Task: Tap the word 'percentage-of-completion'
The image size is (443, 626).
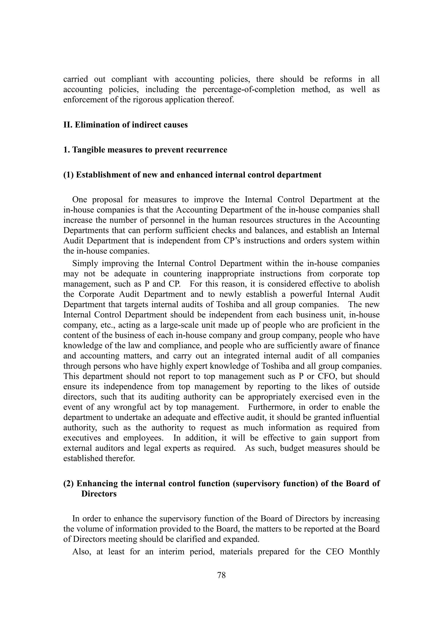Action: (x=249, y=89)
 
